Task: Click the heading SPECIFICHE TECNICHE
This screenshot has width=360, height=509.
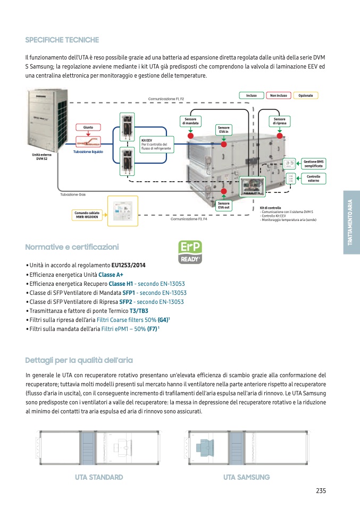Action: tap(62, 40)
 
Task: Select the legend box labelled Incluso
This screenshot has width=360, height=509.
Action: tap(252, 96)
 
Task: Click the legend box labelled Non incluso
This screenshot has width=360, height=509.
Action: tap(278, 96)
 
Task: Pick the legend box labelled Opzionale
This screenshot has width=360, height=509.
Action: tap(306, 96)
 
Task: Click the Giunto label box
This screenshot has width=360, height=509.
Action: tap(88, 128)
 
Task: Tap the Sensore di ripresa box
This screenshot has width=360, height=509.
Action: tap(280, 121)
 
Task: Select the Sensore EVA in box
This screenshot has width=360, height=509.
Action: tap(224, 130)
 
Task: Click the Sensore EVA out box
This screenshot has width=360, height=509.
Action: tap(224, 205)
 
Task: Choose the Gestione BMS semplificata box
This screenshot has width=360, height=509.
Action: tap(314, 164)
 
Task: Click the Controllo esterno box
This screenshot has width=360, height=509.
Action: tap(314, 179)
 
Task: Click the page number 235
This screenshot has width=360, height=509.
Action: tap(320, 490)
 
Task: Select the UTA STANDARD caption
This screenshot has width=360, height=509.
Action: tap(99, 477)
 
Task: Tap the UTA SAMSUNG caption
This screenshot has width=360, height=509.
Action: tap(247, 477)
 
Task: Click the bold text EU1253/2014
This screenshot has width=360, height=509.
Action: tap(128, 265)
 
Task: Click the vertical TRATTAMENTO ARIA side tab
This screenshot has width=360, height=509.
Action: tap(350, 222)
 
